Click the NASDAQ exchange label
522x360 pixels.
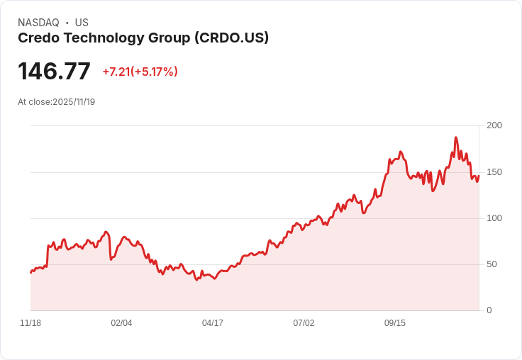pyautogui.click(x=38, y=23)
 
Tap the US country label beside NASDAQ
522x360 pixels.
pyautogui.click(x=82, y=23)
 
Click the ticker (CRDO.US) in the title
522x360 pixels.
pyautogui.click(x=231, y=38)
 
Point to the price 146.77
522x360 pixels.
pyautogui.click(x=54, y=72)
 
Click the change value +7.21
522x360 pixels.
pyautogui.click(x=117, y=72)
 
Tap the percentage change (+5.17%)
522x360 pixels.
pyautogui.click(x=155, y=72)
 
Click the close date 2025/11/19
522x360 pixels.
pyautogui.click(x=74, y=102)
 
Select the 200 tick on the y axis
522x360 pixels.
pyautogui.click(x=494, y=125)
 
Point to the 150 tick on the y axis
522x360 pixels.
pyautogui.click(x=494, y=171)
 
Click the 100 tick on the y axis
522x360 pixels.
pyautogui.click(x=494, y=218)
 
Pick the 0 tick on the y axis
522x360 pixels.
pyautogui.click(x=489, y=310)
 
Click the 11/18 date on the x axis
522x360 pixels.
pyautogui.click(x=30, y=323)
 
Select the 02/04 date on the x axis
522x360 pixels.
pyautogui.click(x=121, y=323)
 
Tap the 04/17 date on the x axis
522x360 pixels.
pyautogui.click(x=213, y=323)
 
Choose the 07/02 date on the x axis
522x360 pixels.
pyautogui.click(x=304, y=323)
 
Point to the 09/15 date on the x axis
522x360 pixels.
pyautogui.click(x=395, y=323)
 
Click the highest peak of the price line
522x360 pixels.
pyautogui.click(x=456, y=137)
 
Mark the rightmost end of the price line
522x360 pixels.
pyautogui.click(x=479, y=176)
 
